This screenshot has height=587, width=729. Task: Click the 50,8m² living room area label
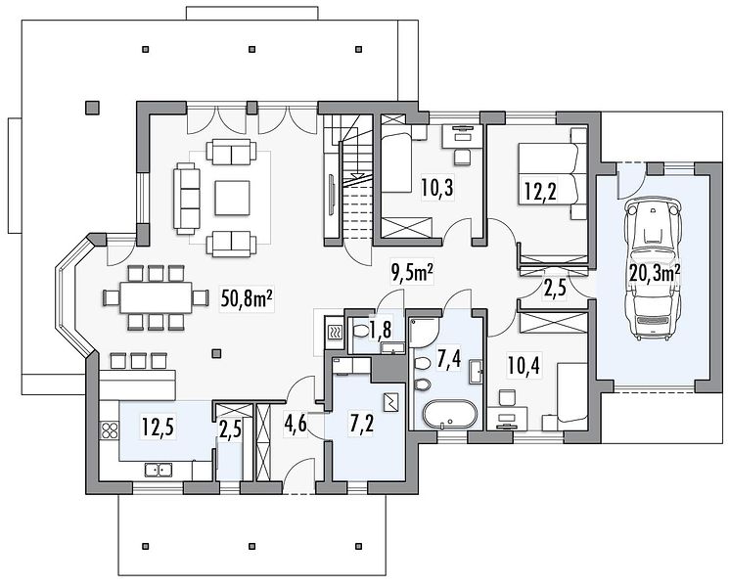tap(247, 299)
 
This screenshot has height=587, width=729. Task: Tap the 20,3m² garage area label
tap(655, 273)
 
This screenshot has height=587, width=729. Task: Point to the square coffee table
tap(233, 198)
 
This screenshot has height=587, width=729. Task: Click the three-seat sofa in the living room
tap(187, 198)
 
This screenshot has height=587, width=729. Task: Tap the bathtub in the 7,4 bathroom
tap(449, 414)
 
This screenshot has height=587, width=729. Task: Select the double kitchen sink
tap(159, 470)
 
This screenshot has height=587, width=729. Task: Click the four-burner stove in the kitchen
tap(110, 430)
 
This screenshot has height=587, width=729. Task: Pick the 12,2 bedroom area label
tap(540, 191)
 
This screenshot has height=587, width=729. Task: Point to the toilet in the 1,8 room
tap(361, 332)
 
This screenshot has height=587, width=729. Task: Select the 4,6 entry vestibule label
tap(296, 424)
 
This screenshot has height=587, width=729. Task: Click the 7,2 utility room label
tap(361, 424)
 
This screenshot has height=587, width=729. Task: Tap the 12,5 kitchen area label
tap(159, 428)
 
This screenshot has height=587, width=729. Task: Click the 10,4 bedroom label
tap(524, 367)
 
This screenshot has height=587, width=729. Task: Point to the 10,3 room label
tap(437, 188)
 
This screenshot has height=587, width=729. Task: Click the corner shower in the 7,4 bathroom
tap(424, 334)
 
